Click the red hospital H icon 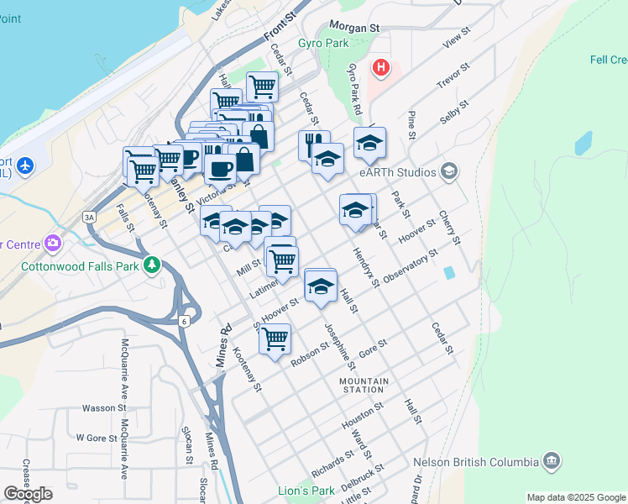click(x=382, y=67)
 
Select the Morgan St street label click(x=355, y=27)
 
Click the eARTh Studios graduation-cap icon click(x=449, y=172)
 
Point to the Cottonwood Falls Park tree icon click(x=151, y=265)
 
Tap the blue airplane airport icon click(x=25, y=164)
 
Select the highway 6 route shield click(x=183, y=320)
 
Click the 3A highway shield click(x=88, y=217)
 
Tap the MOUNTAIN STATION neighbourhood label click(x=364, y=385)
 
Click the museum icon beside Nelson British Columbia click(x=552, y=460)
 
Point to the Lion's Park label click(x=305, y=490)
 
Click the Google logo click(x=28, y=494)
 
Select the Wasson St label click(x=103, y=408)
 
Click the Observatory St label click(x=411, y=268)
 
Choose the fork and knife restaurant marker click(x=314, y=144)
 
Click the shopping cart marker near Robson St click(x=275, y=339)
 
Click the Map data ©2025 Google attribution click(x=576, y=497)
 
